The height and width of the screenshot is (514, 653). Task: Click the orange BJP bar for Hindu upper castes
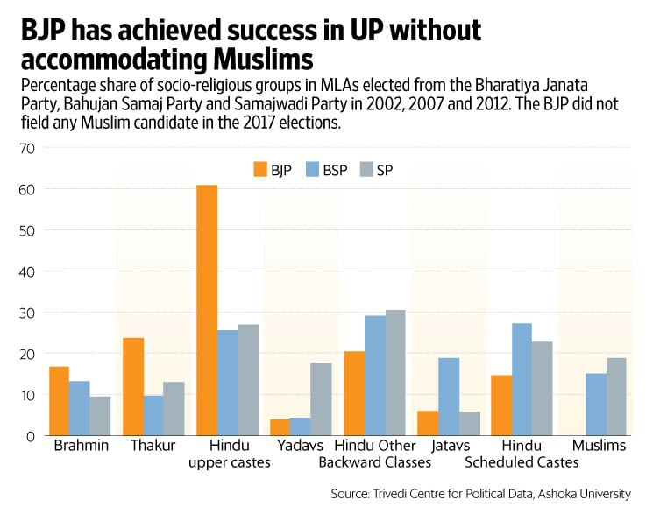tap(207, 310)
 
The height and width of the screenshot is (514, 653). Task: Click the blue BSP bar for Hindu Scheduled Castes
tap(522, 379)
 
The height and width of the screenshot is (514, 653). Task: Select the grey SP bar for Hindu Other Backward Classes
tap(395, 372)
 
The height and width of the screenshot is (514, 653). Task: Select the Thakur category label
tap(154, 446)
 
